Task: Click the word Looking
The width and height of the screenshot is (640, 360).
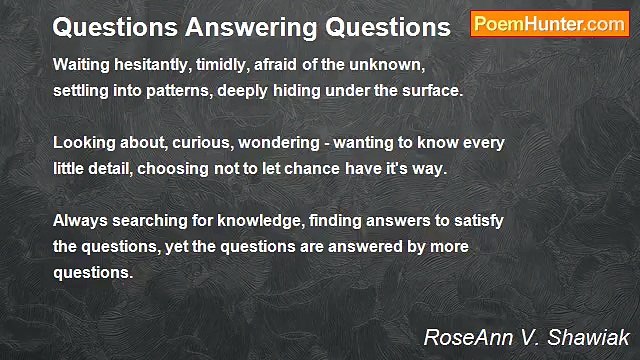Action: point(85,143)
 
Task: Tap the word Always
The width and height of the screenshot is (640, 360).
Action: point(80,220)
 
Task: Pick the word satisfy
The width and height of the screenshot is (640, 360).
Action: point(475,220)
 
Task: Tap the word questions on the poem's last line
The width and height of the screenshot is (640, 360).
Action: point(92,272)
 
